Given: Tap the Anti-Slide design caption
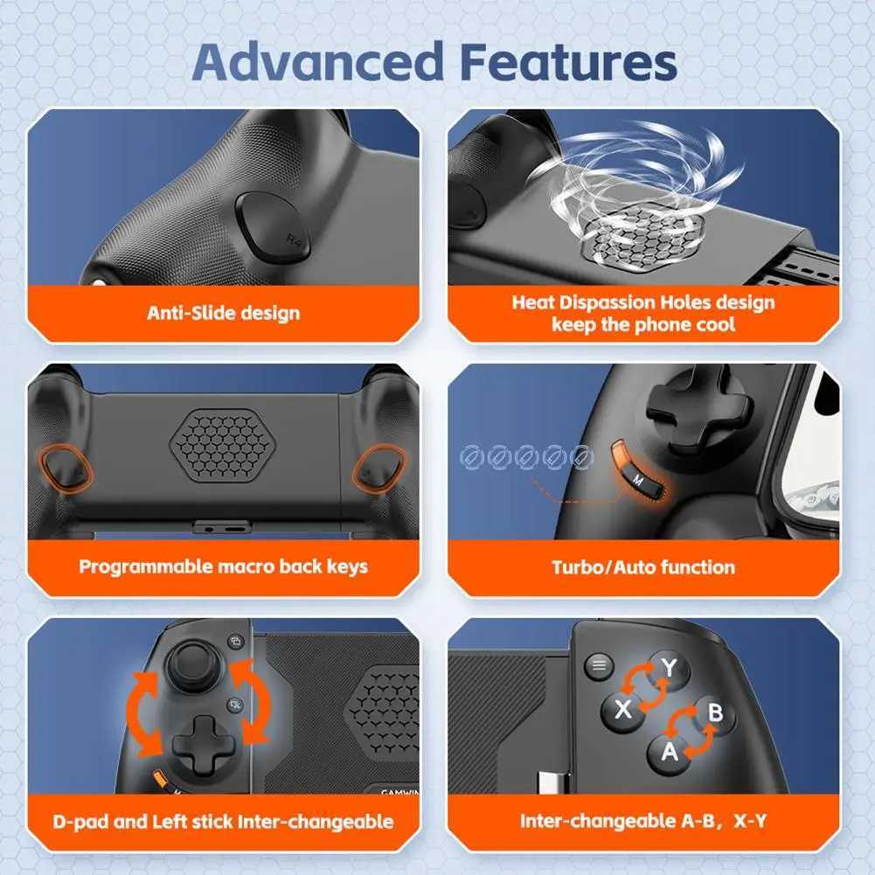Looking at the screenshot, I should [224, 313].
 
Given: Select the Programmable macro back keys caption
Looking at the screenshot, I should [224, 566].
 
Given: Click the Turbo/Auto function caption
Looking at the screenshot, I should [643, 566].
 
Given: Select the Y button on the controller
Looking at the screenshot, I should [669, 668].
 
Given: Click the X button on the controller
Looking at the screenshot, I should [622, 709].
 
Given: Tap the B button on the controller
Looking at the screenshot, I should [714, 712].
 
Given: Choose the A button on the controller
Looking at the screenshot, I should [669, 751].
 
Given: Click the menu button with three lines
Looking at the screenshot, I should [599, 665].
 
